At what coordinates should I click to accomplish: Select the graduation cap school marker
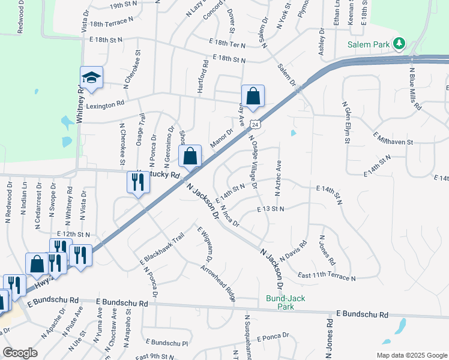(x=91, y=78)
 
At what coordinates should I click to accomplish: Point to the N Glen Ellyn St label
(x=346, y=122)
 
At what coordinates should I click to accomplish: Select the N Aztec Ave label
(x=279, y=178)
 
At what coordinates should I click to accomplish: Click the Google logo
(x=20, y=353)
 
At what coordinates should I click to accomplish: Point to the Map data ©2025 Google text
(x=412, y=355)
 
